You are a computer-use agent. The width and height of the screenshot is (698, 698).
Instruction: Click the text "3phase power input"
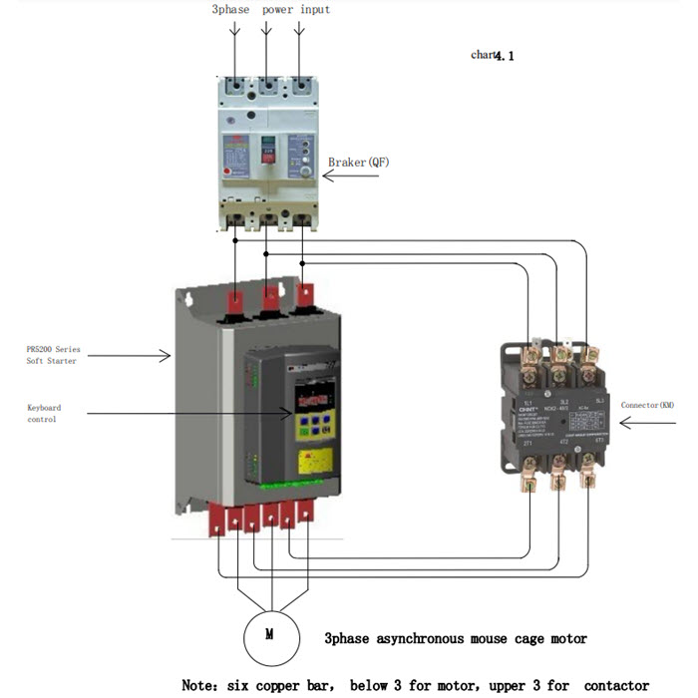(x=270, y=10)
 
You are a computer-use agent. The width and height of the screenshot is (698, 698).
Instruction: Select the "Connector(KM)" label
(x=647, y=405)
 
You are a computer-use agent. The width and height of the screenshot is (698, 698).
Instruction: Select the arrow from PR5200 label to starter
(x=150, y=351)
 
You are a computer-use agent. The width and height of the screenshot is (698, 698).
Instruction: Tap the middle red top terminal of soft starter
(x=269, y=298)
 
